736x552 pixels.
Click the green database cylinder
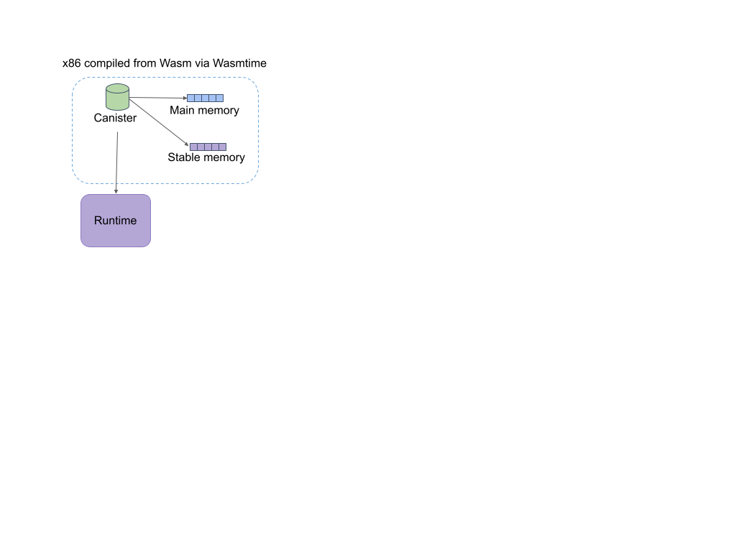click(117, 98)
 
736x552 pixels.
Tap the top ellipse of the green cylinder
click(117, 88)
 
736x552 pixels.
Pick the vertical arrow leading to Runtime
click(116, 162)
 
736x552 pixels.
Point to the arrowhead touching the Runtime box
click(116, 191)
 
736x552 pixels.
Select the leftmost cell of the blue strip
click(190, 98)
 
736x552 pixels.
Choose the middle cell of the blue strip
click(205, 98)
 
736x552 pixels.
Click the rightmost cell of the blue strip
click(220, 98)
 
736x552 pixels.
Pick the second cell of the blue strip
click(198, 98)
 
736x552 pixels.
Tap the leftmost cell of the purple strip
click(193, 147)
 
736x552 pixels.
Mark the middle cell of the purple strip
click(208, 147)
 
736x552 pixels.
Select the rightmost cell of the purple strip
click(223, 147)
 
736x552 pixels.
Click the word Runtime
click(115, 221)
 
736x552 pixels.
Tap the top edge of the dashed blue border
click(165, 78)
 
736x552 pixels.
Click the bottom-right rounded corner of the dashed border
click(254, 179)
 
